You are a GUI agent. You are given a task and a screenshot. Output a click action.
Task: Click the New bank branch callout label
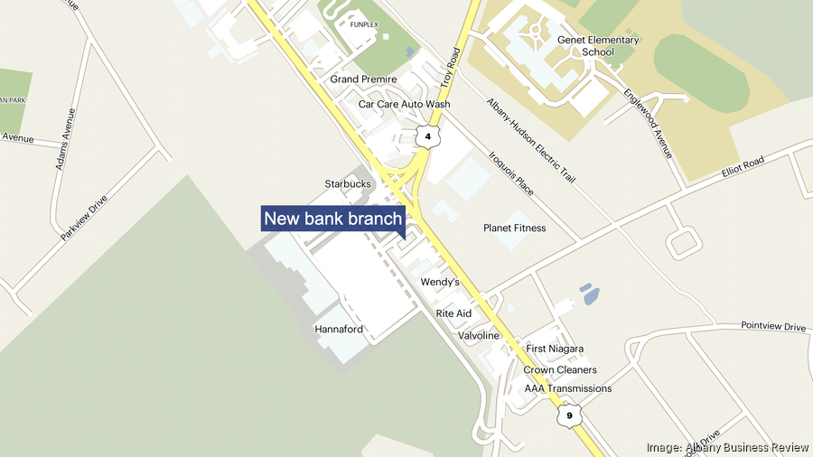[x=332, y=219]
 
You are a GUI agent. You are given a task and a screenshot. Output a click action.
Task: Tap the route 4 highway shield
[x=427, y=136]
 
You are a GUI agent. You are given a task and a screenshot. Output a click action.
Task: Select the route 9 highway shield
[x=565, y=416]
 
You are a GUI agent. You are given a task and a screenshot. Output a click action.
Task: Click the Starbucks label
[x=348, y=184]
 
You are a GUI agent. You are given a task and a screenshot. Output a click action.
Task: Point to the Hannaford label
[x=339, y=330]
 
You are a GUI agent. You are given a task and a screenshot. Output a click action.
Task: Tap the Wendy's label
[x=440, y=283]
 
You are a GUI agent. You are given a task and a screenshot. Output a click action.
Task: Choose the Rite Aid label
[x=453, y=313]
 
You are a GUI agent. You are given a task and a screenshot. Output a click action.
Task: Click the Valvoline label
[x=478, y=336]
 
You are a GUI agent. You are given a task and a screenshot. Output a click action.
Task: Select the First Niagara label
[x=555, y=349]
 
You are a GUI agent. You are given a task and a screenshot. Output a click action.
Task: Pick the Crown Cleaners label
[x=560, y=369]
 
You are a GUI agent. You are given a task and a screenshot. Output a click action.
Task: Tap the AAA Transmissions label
[x=568, y=389]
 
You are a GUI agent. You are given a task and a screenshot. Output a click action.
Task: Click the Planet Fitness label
[x=515, y=228]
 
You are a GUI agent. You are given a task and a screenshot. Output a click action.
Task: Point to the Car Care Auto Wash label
[x=404, y=105]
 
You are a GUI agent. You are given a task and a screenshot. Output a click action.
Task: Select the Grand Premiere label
[x=363, y=79]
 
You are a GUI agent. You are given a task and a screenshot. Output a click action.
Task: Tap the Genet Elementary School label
[x=585, y=46]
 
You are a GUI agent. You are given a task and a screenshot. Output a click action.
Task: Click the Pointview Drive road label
[x=772, y=326]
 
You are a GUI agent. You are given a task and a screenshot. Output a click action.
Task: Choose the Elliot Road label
[x=743, y=167]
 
